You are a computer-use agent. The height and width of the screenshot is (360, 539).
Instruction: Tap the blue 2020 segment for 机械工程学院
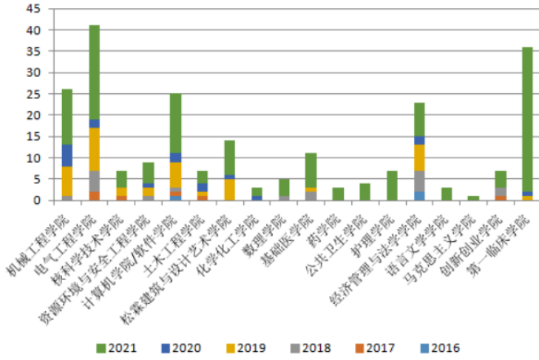(x=67, y=155)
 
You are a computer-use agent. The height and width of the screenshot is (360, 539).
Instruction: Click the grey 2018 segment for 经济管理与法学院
(x=419, y=181)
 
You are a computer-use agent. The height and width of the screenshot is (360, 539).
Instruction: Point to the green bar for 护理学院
(x=392, y=186)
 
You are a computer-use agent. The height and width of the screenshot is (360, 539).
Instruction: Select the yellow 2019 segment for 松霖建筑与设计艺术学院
(x=229, y=190)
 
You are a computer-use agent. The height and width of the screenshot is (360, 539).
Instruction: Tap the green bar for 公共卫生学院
(x=365, y=191)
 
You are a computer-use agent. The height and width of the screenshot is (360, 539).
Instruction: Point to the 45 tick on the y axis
(x=33, y=10)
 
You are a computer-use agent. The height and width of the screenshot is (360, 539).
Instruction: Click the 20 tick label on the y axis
(x=33, y=115)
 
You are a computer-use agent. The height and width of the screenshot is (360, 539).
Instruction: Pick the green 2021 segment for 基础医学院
(x=311, y=171)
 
